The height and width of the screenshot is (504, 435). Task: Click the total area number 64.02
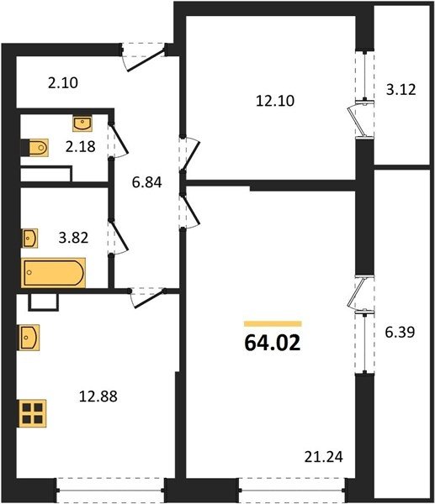point(273,344)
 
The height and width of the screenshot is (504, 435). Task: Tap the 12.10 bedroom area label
point(275,101)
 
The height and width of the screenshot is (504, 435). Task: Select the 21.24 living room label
point(324,457)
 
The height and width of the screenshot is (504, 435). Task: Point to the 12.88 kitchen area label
point(98,396)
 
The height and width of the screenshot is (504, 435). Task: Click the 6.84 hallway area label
point(147,182)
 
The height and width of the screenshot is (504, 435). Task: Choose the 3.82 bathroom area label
point(73,239)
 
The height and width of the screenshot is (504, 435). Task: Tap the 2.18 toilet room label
point(81,146)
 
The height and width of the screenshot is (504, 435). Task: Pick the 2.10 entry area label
point(63,83)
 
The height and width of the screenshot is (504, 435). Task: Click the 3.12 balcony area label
point(401,89)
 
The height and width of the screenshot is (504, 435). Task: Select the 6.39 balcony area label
point(400,333)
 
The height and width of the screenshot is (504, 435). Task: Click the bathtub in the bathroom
point(54,273)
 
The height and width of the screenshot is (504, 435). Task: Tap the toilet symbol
point(34,148)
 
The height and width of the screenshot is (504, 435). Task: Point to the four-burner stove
point(33,413)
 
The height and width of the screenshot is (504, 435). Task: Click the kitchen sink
point(29,338)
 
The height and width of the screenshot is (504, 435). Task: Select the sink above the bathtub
point(29,239)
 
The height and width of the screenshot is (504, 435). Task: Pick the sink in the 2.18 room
point(82,123)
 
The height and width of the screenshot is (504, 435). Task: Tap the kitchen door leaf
point(150,299)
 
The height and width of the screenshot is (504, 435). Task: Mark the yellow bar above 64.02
point(273,323)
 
